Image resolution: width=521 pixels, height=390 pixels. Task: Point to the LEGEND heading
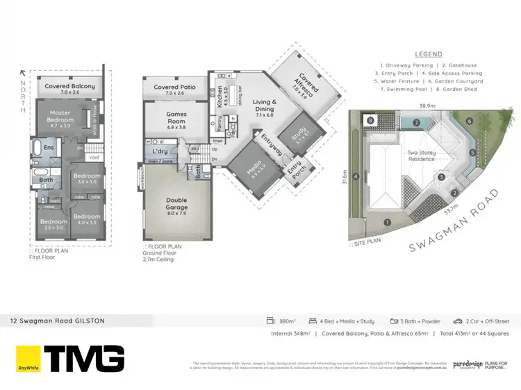(x=429, y=54)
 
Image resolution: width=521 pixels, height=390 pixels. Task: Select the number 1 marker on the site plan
(x=388, y=223)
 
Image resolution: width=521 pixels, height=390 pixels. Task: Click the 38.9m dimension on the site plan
(x=427, y=105)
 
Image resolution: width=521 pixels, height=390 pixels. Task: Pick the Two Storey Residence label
(x=421, y=155)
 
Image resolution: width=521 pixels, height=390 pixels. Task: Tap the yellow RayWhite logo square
(x=28, y=359)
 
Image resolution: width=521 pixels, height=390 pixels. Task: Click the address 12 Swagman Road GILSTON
(x=57, y=321)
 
